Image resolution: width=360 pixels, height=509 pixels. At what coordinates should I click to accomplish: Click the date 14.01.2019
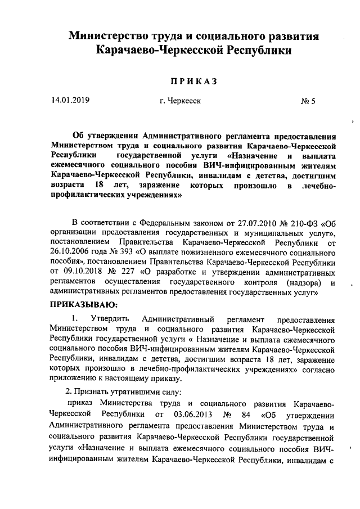click(x=70, y=101)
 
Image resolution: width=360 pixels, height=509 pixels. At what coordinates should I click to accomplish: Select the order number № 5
click(x=309, y=102)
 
